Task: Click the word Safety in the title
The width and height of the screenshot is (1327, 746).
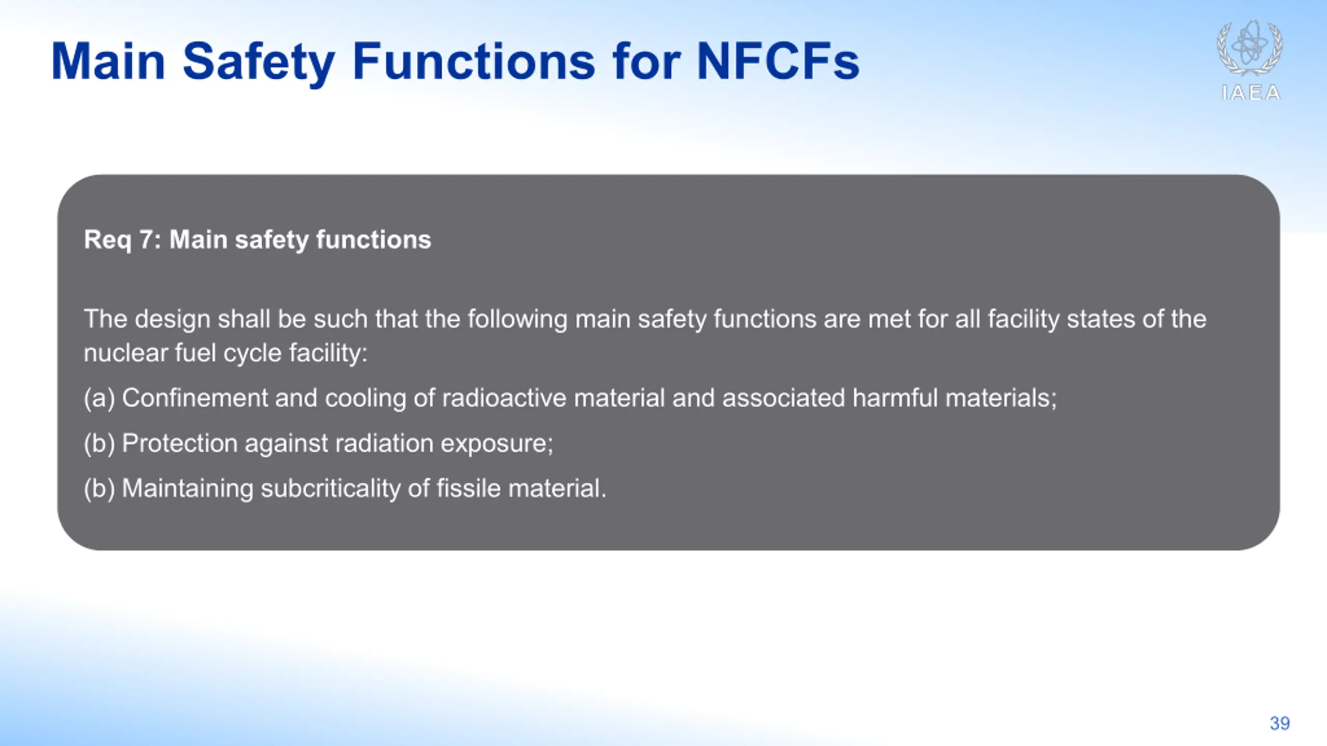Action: pyautogui.click(x=258, y=63)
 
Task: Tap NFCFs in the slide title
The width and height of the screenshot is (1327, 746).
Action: pyautogui.click(x=778, y=62)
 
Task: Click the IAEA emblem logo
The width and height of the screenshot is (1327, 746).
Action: pyautogui.click(x=1250, y=47)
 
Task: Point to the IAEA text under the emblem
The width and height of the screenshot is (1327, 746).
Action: pyautogui.click(x=1251, y=93)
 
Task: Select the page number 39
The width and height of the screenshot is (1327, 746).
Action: pyautogui.click(x=1280, y=723)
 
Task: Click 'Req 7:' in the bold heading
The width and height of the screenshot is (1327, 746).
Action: pyautogui.click(x=123, y=240)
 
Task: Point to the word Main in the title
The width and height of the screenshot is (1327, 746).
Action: pyautogui.click(x=108, y=62)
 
